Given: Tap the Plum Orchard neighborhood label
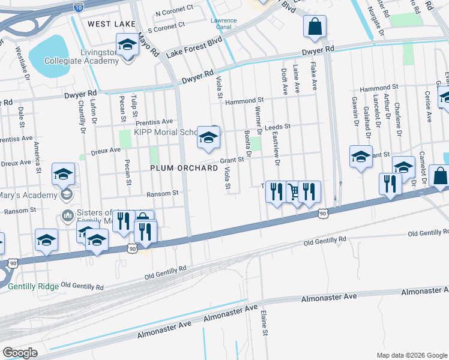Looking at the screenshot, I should [184, 169].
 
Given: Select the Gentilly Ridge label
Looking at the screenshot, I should [34, 287].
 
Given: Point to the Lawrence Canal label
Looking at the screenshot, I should [223, 23].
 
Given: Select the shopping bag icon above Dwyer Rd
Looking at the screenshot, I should [315, 26].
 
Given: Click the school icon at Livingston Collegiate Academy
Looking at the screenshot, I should [127, 45].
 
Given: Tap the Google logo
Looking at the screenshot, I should [20, 353].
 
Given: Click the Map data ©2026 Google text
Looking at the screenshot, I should [411, 355].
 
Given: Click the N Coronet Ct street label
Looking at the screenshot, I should [174, 11].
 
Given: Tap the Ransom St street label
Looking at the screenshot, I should [163, 193].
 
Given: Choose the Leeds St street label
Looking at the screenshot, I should [277, 127].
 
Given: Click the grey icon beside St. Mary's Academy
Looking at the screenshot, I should [65, 194].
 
